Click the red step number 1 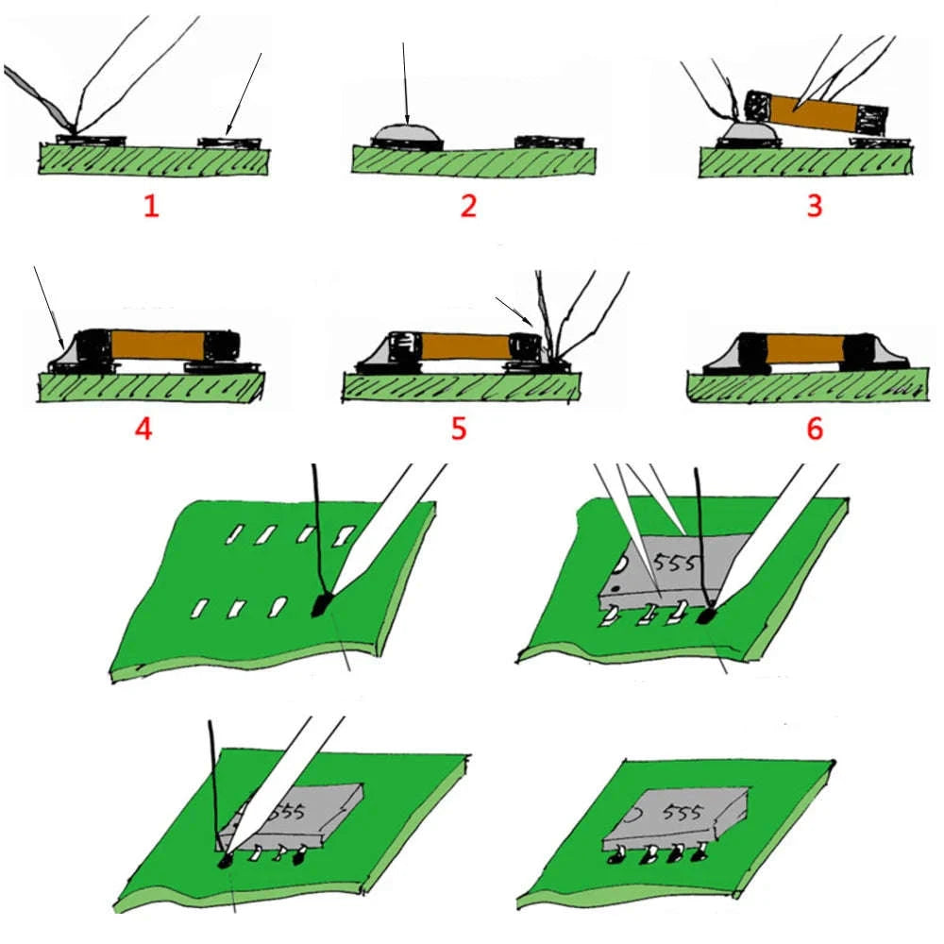(x=151, y=205)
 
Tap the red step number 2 (x=468, y=205)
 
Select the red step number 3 (x=815, y=205)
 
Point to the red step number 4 (x=143, y=428)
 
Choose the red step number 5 (x=459, y=428)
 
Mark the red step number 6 (x=815, y=428)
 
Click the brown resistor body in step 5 (x=459, y=346)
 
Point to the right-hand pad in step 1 (x=229, y=143)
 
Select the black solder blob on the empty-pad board (x=322, y=604)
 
